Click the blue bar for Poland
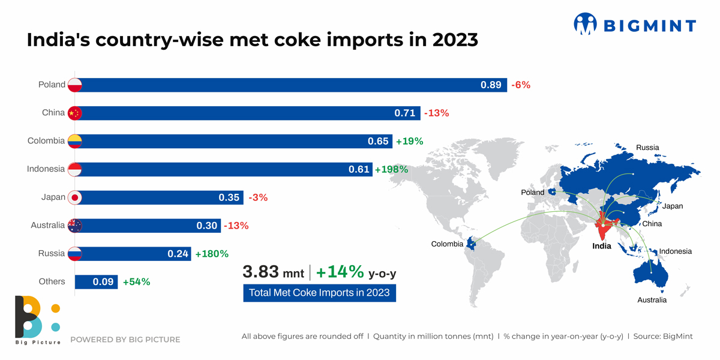point(288,85)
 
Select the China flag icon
point(74,113)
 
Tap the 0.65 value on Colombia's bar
point(379,142)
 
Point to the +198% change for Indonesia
point(391,170)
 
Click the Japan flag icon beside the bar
point(74,197)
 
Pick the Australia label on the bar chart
point(47,226)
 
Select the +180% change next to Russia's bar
point(212,254)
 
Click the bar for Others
point(96,281)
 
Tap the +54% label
point(136,281)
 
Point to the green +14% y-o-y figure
point(340,272)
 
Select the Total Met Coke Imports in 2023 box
point(319,293)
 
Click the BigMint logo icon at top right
point(586,24)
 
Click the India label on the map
point(602,246)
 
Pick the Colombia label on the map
point(447,244)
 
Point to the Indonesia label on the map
point(676,251)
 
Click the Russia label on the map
point(647,148)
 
